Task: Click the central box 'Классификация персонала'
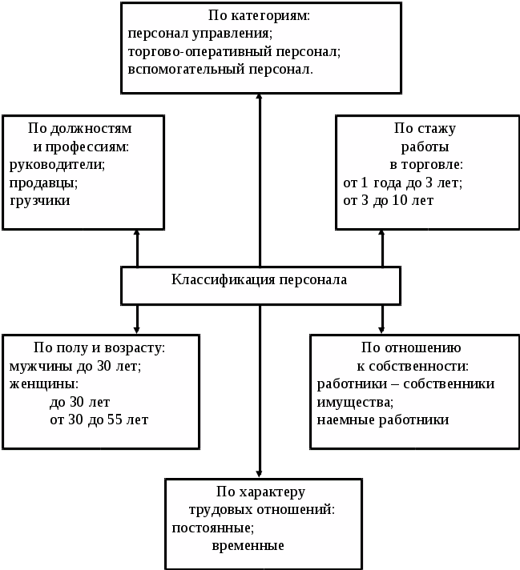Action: tap(260, 281)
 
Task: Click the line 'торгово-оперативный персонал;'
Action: tap(234, 51)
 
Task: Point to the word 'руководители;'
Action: tap(57, 164)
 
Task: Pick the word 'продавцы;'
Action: tap(43, 182)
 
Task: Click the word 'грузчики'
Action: tap(39, 200)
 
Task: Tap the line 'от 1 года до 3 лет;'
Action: tap(402, 183)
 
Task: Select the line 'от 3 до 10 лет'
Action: tap(388, 200)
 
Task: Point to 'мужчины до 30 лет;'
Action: tap(75, 367)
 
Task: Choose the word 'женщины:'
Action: tap(38, 384)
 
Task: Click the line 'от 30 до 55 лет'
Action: tap(99, 419)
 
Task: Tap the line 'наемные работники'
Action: tap(382, 419)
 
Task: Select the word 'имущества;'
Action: tap(355, 402)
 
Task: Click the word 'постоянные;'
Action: tap(212, 528)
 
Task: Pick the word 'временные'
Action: tap(248, 546)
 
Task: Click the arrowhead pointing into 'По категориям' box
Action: tap(260, 97)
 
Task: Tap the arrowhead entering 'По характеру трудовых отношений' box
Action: tap(260, 474)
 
